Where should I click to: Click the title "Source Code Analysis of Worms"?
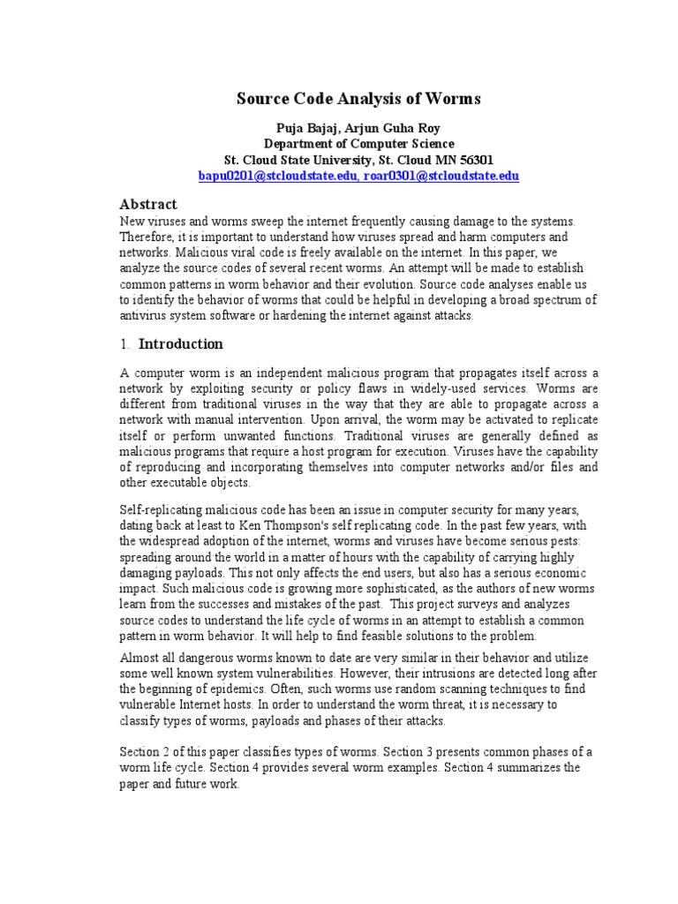(358, 99)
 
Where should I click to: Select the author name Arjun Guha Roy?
(396, 128)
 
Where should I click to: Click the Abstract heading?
(148, 204)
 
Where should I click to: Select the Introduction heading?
(181, 344)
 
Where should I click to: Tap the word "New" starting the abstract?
(132, 221)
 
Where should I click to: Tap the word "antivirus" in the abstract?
(146, 316)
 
